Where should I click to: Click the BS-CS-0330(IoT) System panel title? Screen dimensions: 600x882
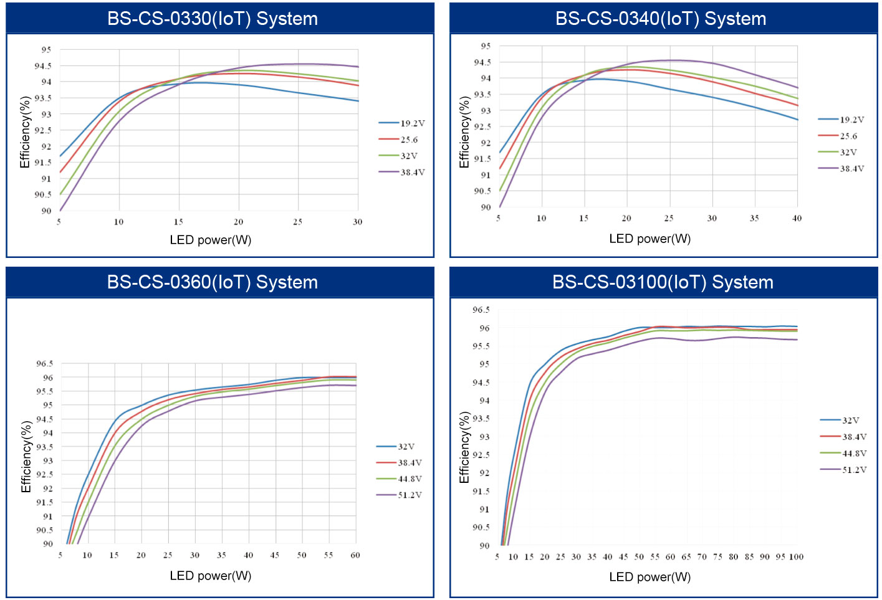tap(213, 19)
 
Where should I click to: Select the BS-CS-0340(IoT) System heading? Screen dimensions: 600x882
tap(661, 19)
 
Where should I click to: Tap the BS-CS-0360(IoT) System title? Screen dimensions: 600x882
tap(213, 282)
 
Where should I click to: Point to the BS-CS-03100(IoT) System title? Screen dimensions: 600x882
tap(663, 282)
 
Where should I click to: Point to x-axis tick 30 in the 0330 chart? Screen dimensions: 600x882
tap(357, 222)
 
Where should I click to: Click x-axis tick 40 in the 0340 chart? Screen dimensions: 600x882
tap(797, 218)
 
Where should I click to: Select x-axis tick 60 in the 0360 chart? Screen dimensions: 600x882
tap(355, 555)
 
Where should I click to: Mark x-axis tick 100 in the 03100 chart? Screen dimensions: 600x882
tap(796, 557)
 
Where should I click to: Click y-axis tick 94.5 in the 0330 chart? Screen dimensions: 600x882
tap(43, 66)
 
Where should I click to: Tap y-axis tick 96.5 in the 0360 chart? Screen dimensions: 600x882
tap(44, 364)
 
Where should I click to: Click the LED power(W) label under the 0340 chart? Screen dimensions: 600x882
tap(650, 239)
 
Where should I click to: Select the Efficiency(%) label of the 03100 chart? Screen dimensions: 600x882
tap(464, 447)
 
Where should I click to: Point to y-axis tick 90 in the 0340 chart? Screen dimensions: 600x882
tap(486, 207)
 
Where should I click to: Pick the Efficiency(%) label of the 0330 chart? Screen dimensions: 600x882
tap(25, 132)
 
